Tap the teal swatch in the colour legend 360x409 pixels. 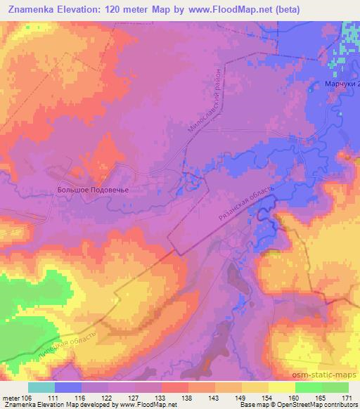(x=41, y=387)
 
